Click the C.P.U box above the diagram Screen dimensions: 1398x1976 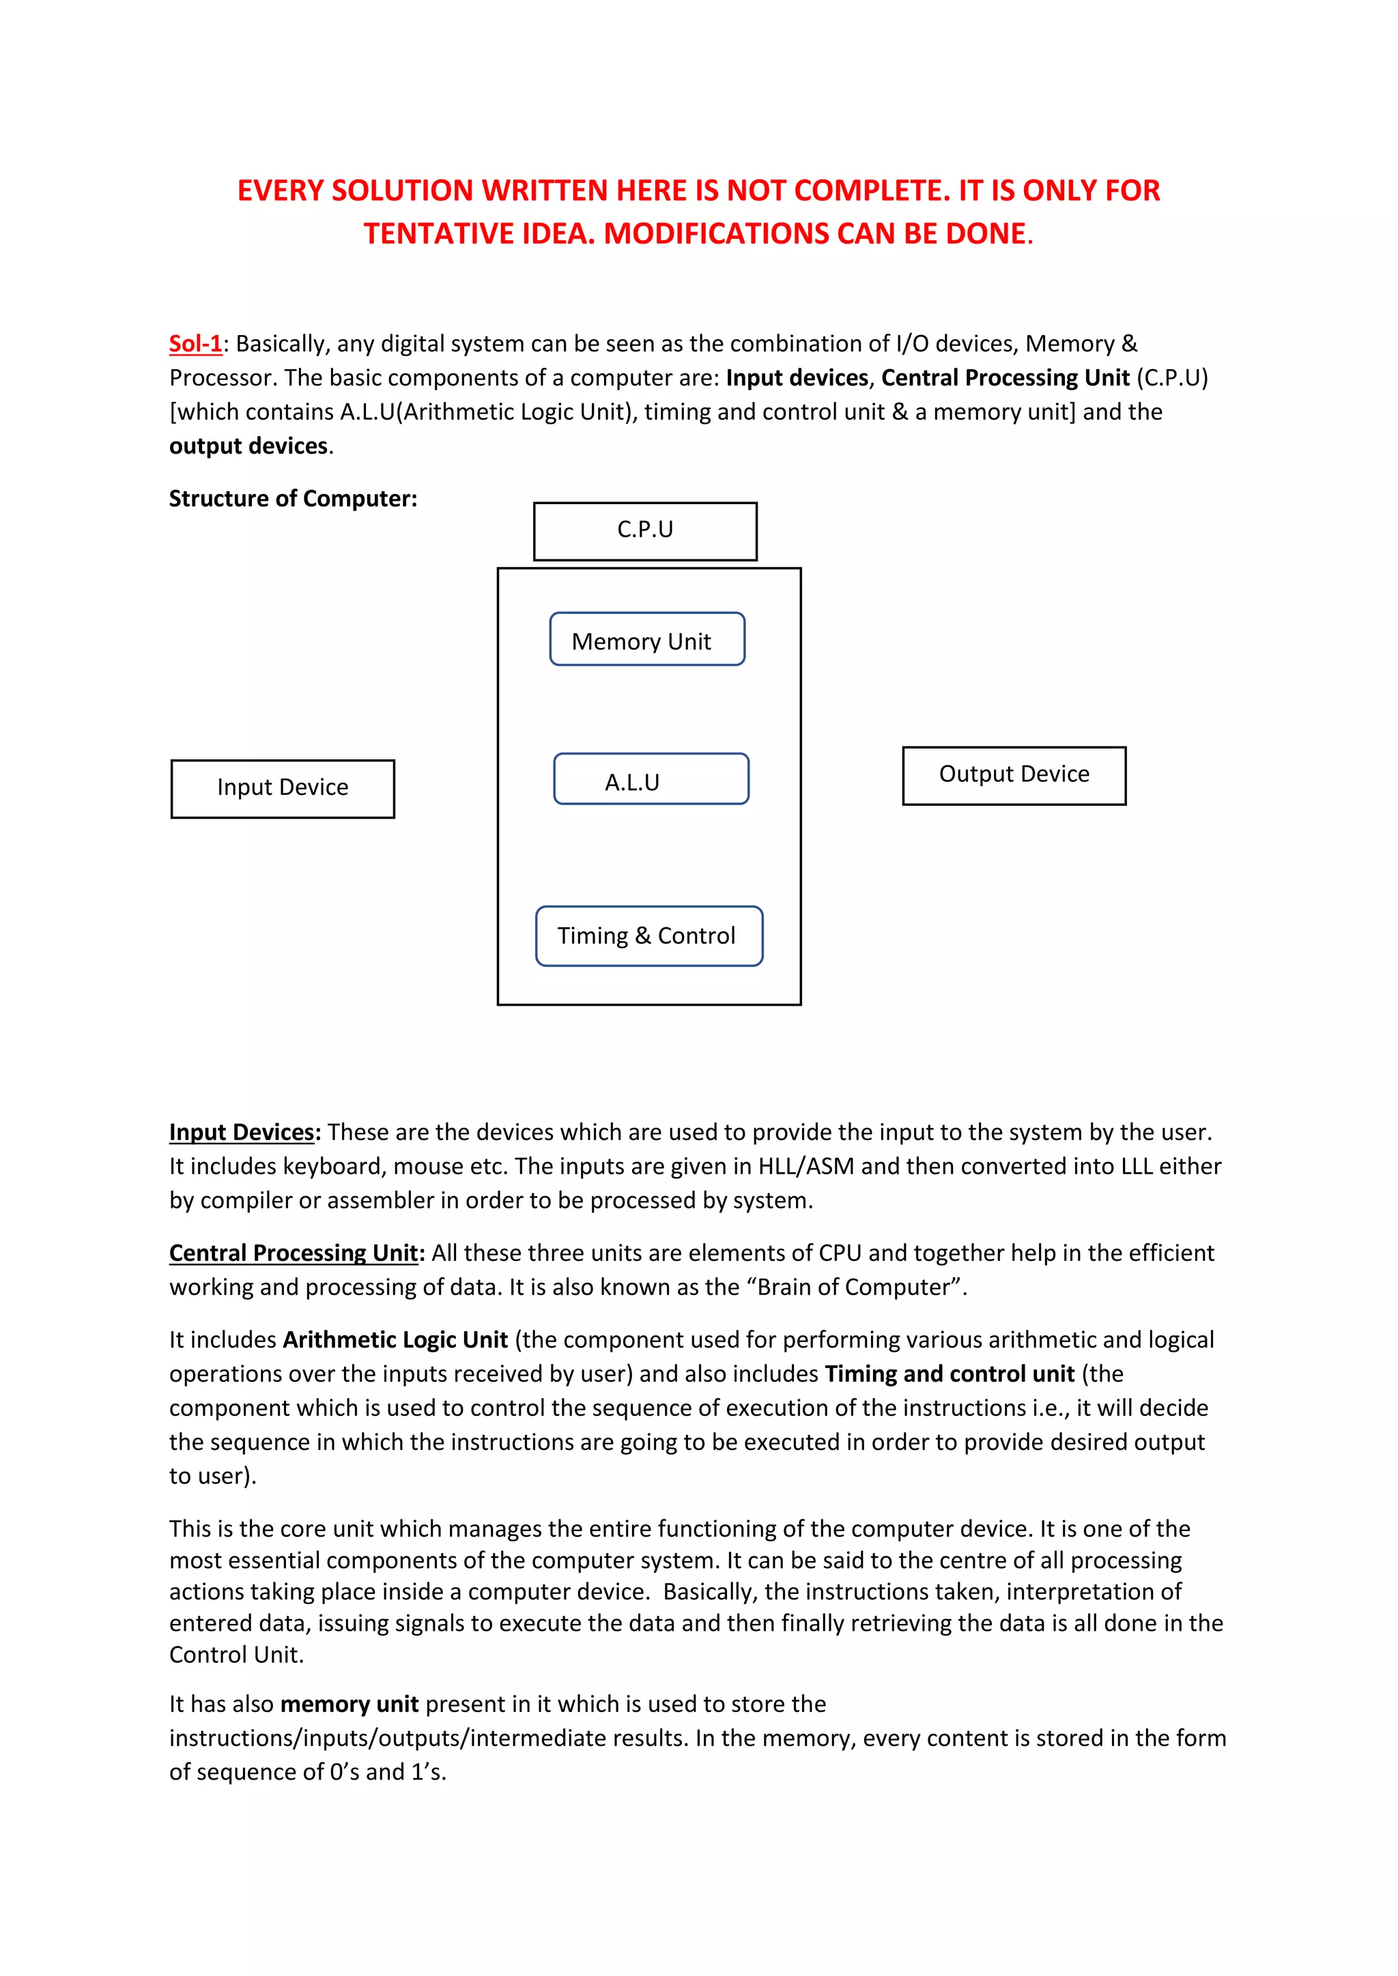tap(645, 530)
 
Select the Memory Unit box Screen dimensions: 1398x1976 tap(646, 639)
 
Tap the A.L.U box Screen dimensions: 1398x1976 tap(651, 779)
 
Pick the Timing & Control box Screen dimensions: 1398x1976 tap(648, 935)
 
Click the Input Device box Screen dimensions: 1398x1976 tap(283, 788)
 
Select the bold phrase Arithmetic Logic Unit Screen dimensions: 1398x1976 tap(395, 1339)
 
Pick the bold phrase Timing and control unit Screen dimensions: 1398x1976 tap(950, 1374)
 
